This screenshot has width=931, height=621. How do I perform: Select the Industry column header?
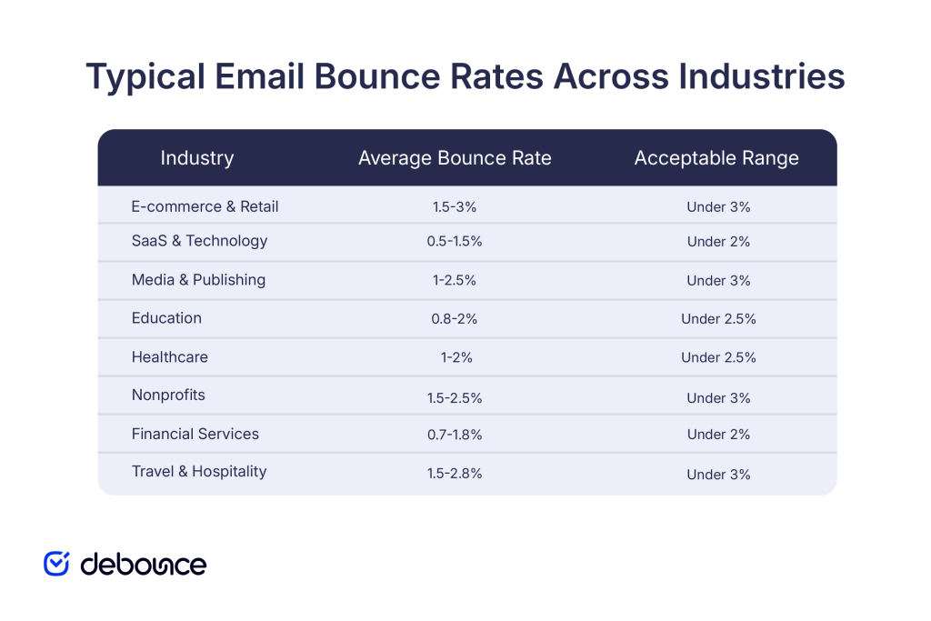point(197,158)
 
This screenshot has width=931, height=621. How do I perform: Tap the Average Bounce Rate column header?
point(455,158)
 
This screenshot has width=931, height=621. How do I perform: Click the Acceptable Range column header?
point(716,158)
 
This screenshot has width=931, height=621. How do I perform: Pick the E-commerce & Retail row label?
point(205,206)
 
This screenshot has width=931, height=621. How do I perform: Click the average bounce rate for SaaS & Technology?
point(455,242)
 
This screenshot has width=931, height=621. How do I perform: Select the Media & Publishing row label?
point(198,280)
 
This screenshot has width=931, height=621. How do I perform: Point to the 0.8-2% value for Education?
point(455,319)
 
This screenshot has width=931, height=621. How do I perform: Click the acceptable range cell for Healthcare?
point(718,357)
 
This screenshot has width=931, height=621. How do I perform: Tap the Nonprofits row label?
point(168,396)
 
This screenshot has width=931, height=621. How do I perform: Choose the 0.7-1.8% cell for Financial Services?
point(455,435)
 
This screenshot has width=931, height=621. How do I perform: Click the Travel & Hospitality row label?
point(199,472)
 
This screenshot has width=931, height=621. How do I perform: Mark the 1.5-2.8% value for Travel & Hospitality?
point(455,475)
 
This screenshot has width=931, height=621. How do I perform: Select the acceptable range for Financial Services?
point(718,435)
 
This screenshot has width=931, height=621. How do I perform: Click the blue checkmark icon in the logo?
point(56,564)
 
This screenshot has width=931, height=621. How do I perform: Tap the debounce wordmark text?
point(144,565)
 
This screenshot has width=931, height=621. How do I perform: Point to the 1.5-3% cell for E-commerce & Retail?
point(455,207)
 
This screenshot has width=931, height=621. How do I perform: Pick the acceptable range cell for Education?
point(718,319)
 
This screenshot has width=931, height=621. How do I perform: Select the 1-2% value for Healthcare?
point(455,357)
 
